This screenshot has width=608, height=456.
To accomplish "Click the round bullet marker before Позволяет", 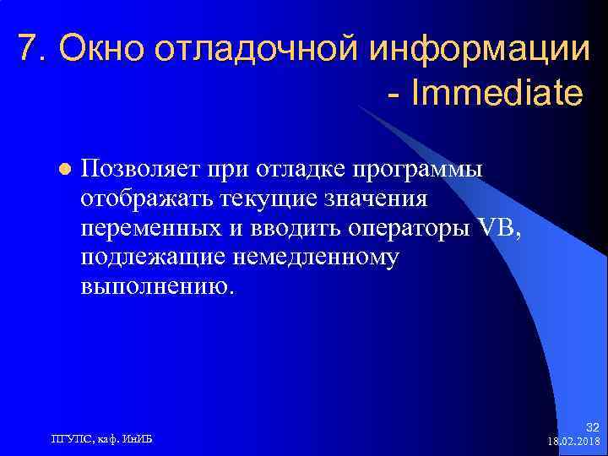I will point(62,169).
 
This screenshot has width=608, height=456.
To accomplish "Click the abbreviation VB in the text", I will point(496,228).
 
